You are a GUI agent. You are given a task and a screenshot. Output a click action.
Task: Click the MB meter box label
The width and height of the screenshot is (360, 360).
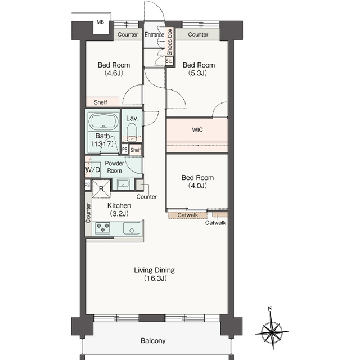point(100,22)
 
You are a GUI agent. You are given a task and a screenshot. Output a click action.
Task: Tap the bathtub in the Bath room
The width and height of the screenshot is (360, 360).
point(103,121)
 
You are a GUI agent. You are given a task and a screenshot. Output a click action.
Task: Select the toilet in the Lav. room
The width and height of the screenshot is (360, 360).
point(132,132)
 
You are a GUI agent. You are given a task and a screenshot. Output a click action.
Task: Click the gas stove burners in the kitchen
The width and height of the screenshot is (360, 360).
point(102,227)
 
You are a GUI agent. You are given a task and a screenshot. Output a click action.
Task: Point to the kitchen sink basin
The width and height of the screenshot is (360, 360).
point(131,228)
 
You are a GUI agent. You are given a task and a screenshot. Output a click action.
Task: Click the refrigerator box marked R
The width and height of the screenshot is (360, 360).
point(101,189)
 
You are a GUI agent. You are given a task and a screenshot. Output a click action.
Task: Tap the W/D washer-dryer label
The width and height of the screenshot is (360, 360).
point(93,170)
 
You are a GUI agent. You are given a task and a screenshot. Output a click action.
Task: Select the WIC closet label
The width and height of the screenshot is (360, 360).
point(197,130)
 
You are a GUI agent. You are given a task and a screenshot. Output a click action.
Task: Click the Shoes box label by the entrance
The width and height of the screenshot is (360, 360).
point(169,42)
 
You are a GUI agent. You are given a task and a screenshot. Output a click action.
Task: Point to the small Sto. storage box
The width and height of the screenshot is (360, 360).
point(169,61)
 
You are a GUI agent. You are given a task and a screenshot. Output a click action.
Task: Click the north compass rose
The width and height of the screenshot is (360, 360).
point(272,331)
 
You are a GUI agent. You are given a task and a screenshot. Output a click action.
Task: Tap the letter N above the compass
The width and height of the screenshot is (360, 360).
point(270,308)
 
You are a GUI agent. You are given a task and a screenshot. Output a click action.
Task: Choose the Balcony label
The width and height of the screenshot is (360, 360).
point(153,341)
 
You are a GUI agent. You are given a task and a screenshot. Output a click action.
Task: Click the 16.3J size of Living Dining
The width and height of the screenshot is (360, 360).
point(155,278)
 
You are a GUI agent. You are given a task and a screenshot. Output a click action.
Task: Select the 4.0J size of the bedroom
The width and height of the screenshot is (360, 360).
point(197,186)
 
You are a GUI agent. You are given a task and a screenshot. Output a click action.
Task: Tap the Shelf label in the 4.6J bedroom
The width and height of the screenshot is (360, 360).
point(100,102)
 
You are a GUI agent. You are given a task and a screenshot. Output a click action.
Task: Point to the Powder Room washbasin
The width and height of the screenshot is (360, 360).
point(123,184)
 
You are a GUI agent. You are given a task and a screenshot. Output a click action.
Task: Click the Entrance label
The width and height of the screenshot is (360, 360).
point(154,35)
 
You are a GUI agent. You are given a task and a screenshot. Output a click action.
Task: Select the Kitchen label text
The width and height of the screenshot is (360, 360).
point(119,205)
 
